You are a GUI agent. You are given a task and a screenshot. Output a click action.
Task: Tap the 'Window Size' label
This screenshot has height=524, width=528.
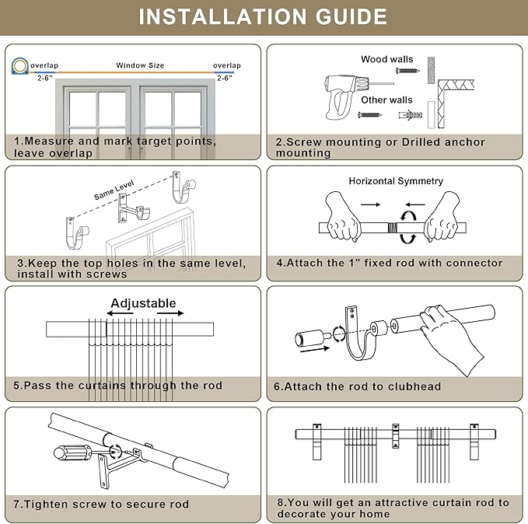(x=140, y=66)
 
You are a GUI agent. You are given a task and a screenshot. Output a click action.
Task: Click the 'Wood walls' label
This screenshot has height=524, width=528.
(x=386, y=59)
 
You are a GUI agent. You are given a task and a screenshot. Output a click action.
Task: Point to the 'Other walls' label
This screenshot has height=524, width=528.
(x=386, y=100)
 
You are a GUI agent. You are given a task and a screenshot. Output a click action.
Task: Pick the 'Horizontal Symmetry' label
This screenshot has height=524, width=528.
(x=395, y=181)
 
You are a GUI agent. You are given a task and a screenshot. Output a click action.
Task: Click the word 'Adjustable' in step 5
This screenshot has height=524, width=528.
(x=143, y=303)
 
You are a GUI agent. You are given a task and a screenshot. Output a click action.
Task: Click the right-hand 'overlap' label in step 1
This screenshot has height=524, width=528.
(x=227, y=66)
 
